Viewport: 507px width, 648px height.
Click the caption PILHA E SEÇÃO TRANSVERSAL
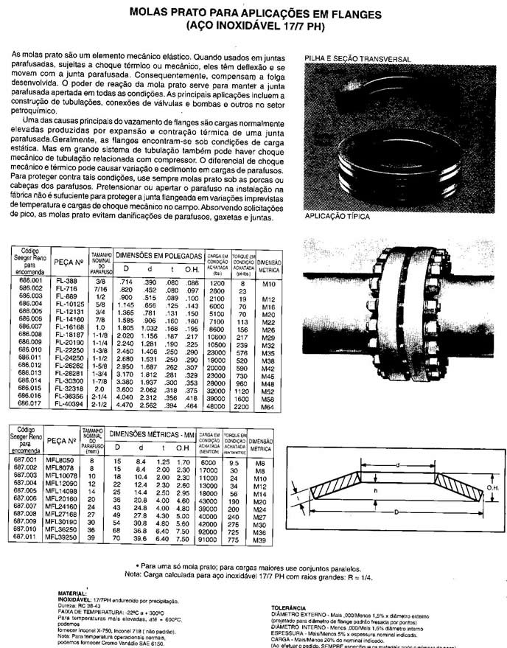point(357,58)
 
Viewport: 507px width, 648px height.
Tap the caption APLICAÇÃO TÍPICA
point(337,217)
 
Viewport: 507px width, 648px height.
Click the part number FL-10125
point(71,303)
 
